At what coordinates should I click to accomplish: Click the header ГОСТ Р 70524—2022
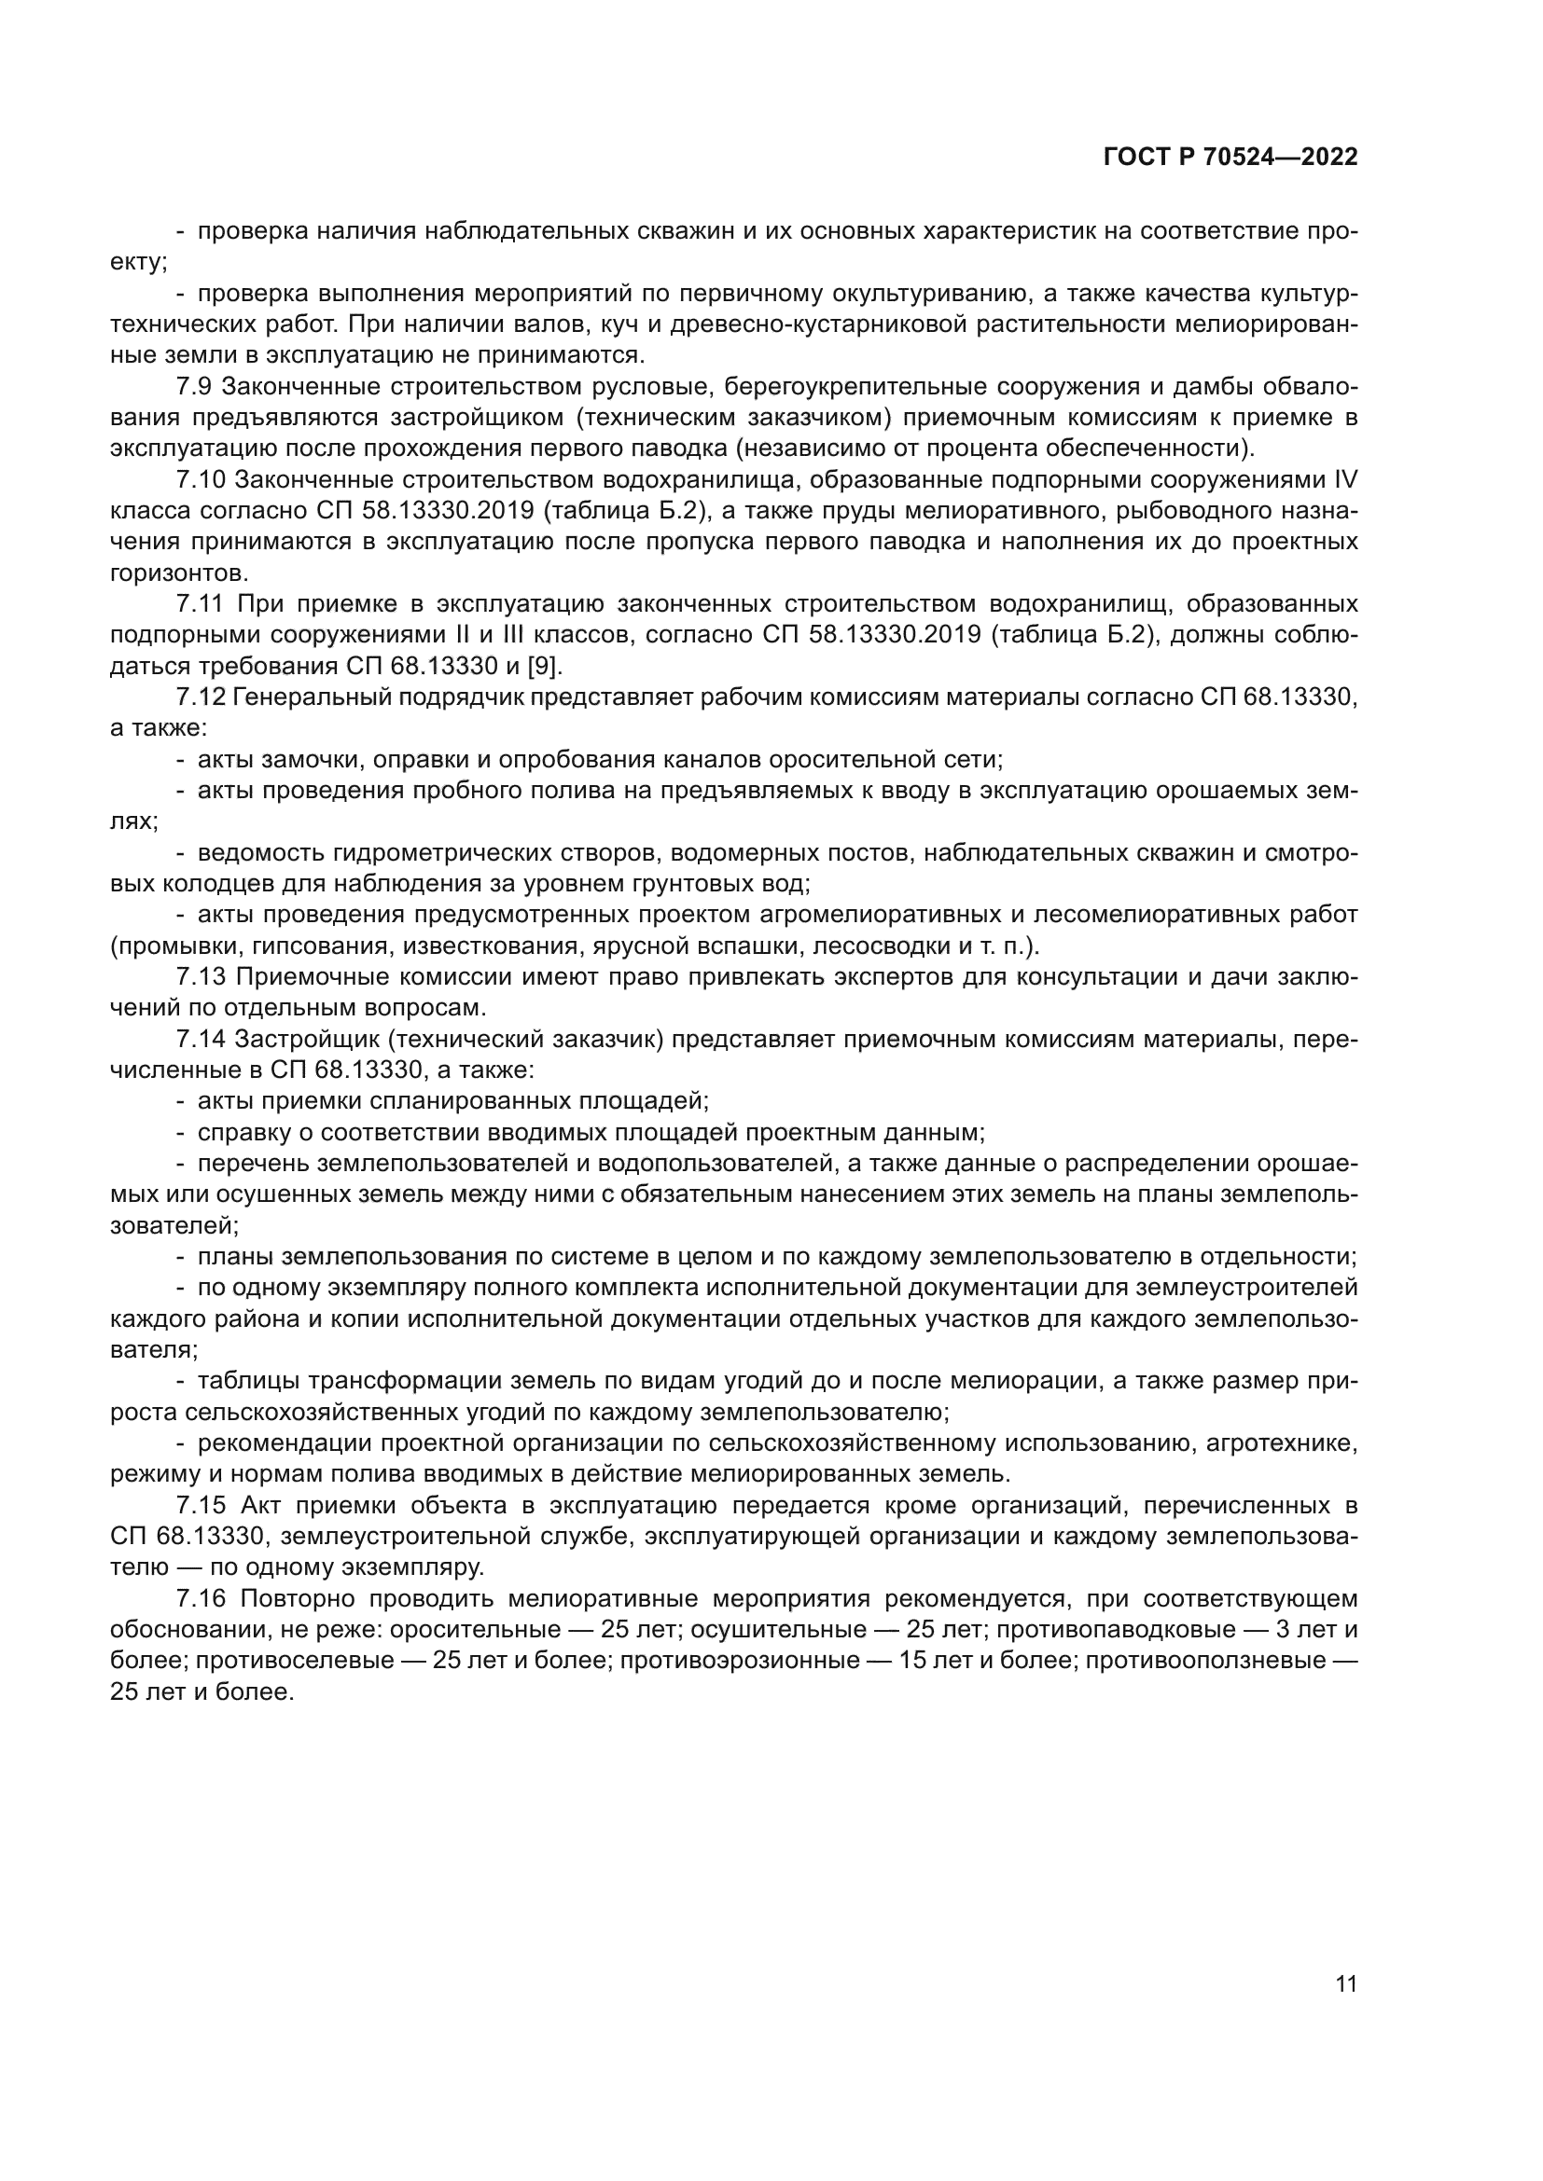pyautogui.click(x=1230, y=158)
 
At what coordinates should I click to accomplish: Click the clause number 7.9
pyautogui.click(x=199, y=387)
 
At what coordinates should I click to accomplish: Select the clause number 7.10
pyautogui.click(x=204, y=479)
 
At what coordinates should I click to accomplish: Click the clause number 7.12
pyautogui.click(x=202, y=697)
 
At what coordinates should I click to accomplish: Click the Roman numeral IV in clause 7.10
pyautogui.click(x=1345, y=479)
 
